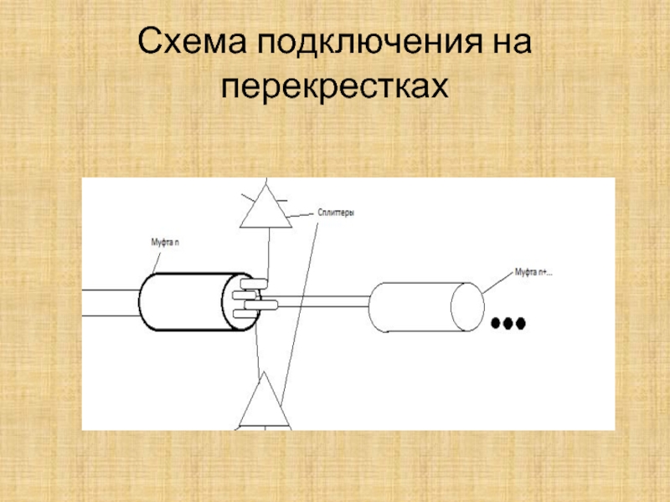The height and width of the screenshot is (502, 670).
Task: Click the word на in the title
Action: tap(506, 43)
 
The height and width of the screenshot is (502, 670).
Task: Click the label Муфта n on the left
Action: tap(164, 242)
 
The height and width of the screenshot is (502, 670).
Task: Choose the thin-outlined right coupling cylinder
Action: tap(419, 307)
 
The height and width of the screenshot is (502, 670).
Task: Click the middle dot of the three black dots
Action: tap(508, 323)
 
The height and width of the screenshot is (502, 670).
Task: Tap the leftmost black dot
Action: tap(496, 323)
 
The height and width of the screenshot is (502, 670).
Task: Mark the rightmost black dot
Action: tap(519, 323)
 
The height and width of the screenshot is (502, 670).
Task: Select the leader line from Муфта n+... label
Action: tap(497, 282)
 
